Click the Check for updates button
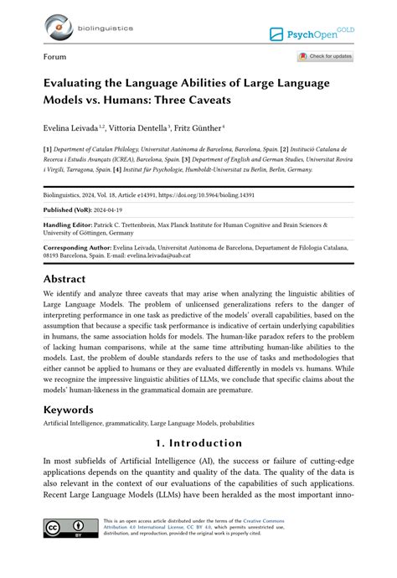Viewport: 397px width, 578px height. click(325, 57)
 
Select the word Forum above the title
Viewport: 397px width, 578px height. click(55, 57)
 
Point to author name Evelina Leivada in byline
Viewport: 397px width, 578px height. click(70, 128)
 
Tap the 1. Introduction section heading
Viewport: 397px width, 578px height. click(198, 443)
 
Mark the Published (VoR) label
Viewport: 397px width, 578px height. click(70, 209)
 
